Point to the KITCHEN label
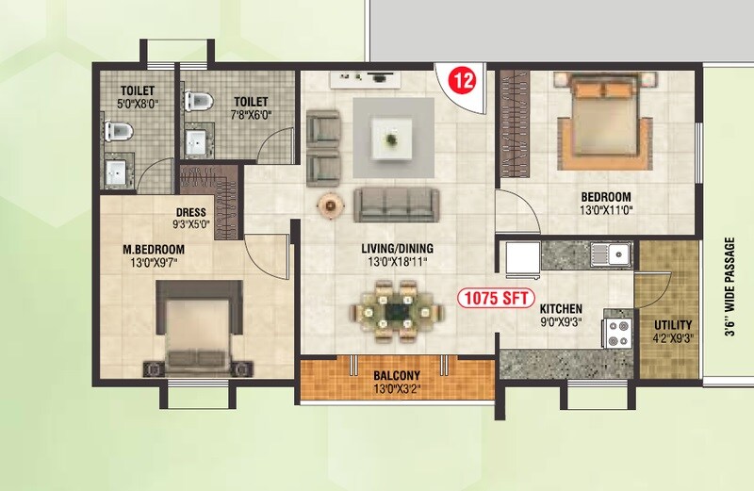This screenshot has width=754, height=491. click(561, 309)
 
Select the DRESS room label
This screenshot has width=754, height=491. click(190, 213)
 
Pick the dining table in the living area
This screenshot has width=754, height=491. click(396, 312)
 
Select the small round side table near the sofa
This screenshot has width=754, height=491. click(330, 205)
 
